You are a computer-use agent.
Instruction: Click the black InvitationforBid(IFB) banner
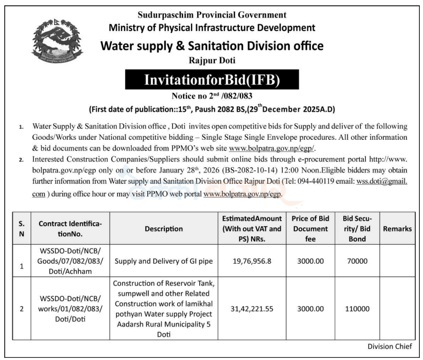click(212, 80)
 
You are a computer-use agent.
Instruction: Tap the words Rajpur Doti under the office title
click(212, 60)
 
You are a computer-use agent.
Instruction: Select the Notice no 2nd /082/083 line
click(212, 96)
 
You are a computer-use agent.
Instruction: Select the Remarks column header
click(397, 228)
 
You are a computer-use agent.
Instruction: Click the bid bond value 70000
click(357, 261)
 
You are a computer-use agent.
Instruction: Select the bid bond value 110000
click(357, 309)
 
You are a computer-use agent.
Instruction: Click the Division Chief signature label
click(389, 346)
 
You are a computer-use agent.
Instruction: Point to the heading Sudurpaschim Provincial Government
click(211, 15)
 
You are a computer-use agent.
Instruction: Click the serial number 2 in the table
click(21, 309)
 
